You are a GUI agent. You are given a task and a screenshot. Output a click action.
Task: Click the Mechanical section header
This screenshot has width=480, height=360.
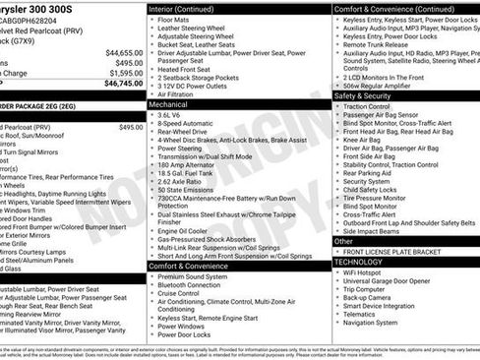[168, 103]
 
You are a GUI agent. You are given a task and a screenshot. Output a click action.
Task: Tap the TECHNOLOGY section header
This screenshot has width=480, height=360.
[359, 263]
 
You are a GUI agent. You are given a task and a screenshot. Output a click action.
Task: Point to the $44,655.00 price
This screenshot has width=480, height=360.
[124, 52]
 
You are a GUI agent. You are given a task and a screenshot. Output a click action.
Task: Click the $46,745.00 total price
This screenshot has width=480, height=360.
[124, 84]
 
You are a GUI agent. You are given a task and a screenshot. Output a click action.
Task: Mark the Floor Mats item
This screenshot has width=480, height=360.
[173, 20]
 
